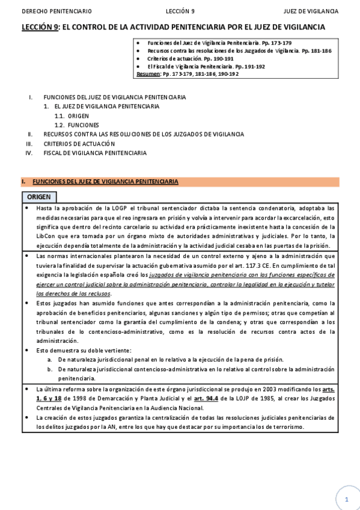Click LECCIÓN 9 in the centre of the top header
pyautogui.click(x=180, y=11)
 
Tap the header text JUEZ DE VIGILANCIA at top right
pyautogui.click(x=311, y=11)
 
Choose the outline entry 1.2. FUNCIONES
pyautogui.click(x=79, y=125)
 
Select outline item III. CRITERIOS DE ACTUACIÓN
pyautogui.click(x=79, y=144)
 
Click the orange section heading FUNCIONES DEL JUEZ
pyautogui.click(x=105, y=181)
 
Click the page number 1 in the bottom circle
pyautogui.click(x=347, y=499)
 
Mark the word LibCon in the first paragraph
pyautogui.click(x=47, y=236)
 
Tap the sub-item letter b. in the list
pyautogui.click(x=50, y=369)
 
